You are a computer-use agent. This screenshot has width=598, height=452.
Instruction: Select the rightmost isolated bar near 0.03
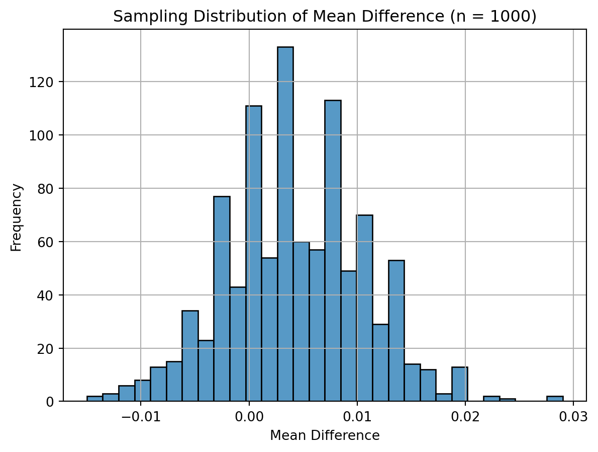[555, 399]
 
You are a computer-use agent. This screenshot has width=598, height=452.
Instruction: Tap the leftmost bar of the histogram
[94, 399]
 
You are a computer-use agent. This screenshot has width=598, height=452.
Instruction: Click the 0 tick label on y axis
[52, 402]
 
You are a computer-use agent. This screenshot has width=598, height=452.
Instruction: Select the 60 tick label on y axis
[49, 242]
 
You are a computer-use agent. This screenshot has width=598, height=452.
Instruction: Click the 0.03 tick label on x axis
[573, 416]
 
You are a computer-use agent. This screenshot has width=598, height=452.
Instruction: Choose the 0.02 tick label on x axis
[465, 416]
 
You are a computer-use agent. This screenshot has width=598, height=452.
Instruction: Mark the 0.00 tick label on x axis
[249, 416]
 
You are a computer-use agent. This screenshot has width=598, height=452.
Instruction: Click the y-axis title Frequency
[17, 217]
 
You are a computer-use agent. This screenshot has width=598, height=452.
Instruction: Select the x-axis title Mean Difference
[325, 436]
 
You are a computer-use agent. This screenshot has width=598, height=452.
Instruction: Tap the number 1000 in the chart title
[513, 17]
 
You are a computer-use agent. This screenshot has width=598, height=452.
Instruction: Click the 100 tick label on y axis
[46, 135]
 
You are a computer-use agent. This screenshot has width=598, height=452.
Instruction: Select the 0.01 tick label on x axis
[357, 416]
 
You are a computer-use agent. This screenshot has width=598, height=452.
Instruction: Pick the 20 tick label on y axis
[49, 348]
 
